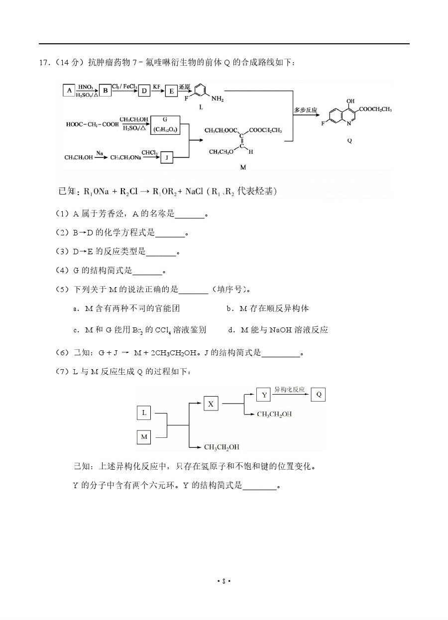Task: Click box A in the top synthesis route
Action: coord(69,90)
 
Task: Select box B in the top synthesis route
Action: coord(105,90)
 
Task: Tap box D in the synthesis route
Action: coord(144,90)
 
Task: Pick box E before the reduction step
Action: coord(171,90)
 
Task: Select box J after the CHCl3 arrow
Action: coord(166,157)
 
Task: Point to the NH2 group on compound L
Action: coord(218,99)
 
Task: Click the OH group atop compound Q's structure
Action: coord(351,101)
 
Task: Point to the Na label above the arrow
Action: coord(100,153)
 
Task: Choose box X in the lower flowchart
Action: coord(211,404)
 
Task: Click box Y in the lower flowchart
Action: coord(263,395)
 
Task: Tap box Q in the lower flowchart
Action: coord(319,395)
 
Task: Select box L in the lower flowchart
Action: coord(144,413)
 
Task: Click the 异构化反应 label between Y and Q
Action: coord(290,390)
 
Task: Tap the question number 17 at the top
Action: coord(44,62)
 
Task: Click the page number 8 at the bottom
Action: coord(224,581)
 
